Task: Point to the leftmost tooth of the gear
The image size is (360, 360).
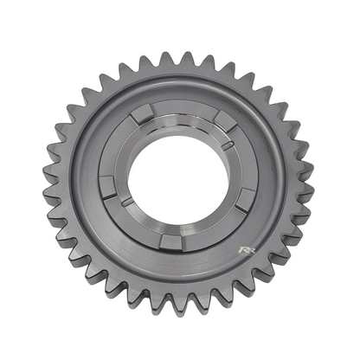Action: pyautogui.click(x=48, y=182)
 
